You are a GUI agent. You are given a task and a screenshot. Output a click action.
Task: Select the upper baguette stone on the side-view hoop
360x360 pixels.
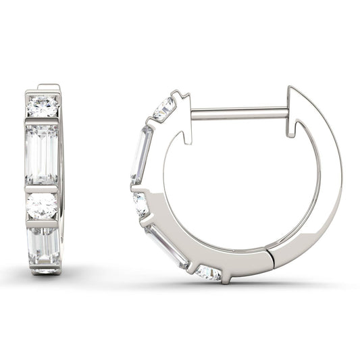tap(141, 154)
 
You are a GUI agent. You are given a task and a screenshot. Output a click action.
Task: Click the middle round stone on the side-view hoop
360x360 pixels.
tap(141, 203)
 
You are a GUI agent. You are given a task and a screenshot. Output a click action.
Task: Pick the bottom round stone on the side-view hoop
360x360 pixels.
tap(207, 272)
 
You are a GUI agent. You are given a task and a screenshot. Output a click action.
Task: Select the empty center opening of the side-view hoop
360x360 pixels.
tap(236, 182)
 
